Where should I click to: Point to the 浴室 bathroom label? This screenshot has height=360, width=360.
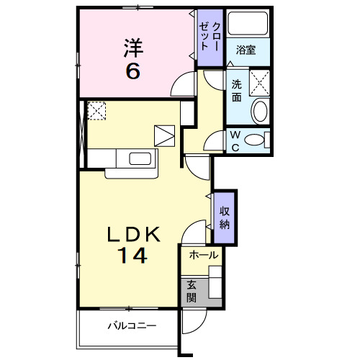(247, 50)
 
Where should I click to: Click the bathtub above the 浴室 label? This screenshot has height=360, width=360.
(247, 26)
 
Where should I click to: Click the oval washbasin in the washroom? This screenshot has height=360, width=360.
(259, 112)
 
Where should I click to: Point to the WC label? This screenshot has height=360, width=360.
(235, 140)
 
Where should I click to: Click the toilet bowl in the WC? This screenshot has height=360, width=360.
(256, 140)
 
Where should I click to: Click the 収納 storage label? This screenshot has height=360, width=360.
(225, 217)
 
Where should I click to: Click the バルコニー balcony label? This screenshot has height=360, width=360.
(132, 326)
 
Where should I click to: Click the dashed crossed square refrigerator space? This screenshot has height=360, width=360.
(96, 111)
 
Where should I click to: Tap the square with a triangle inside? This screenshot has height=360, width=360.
(165, 135)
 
